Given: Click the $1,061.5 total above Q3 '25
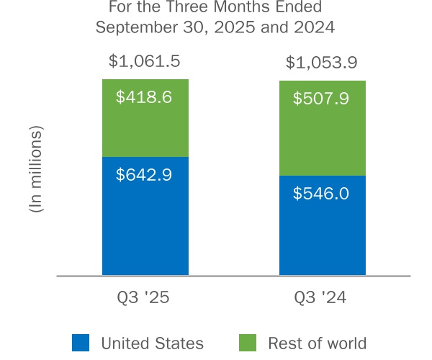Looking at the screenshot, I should pos(145,60).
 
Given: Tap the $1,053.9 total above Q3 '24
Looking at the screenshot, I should pos(321,63).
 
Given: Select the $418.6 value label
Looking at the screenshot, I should pos(145,96).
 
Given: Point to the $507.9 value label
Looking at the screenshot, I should pos(321,98).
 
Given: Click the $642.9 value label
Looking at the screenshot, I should pos(145,174).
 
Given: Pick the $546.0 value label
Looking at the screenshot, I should pos(321,194).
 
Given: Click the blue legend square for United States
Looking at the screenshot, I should pos(81,343).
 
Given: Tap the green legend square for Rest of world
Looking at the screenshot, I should pos(246,343).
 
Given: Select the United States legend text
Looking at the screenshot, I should pos(152,343).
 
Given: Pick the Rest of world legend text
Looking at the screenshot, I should pos(318,343).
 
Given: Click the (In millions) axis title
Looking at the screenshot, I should pos(35,168).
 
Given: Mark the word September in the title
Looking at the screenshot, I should pos(137,28).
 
